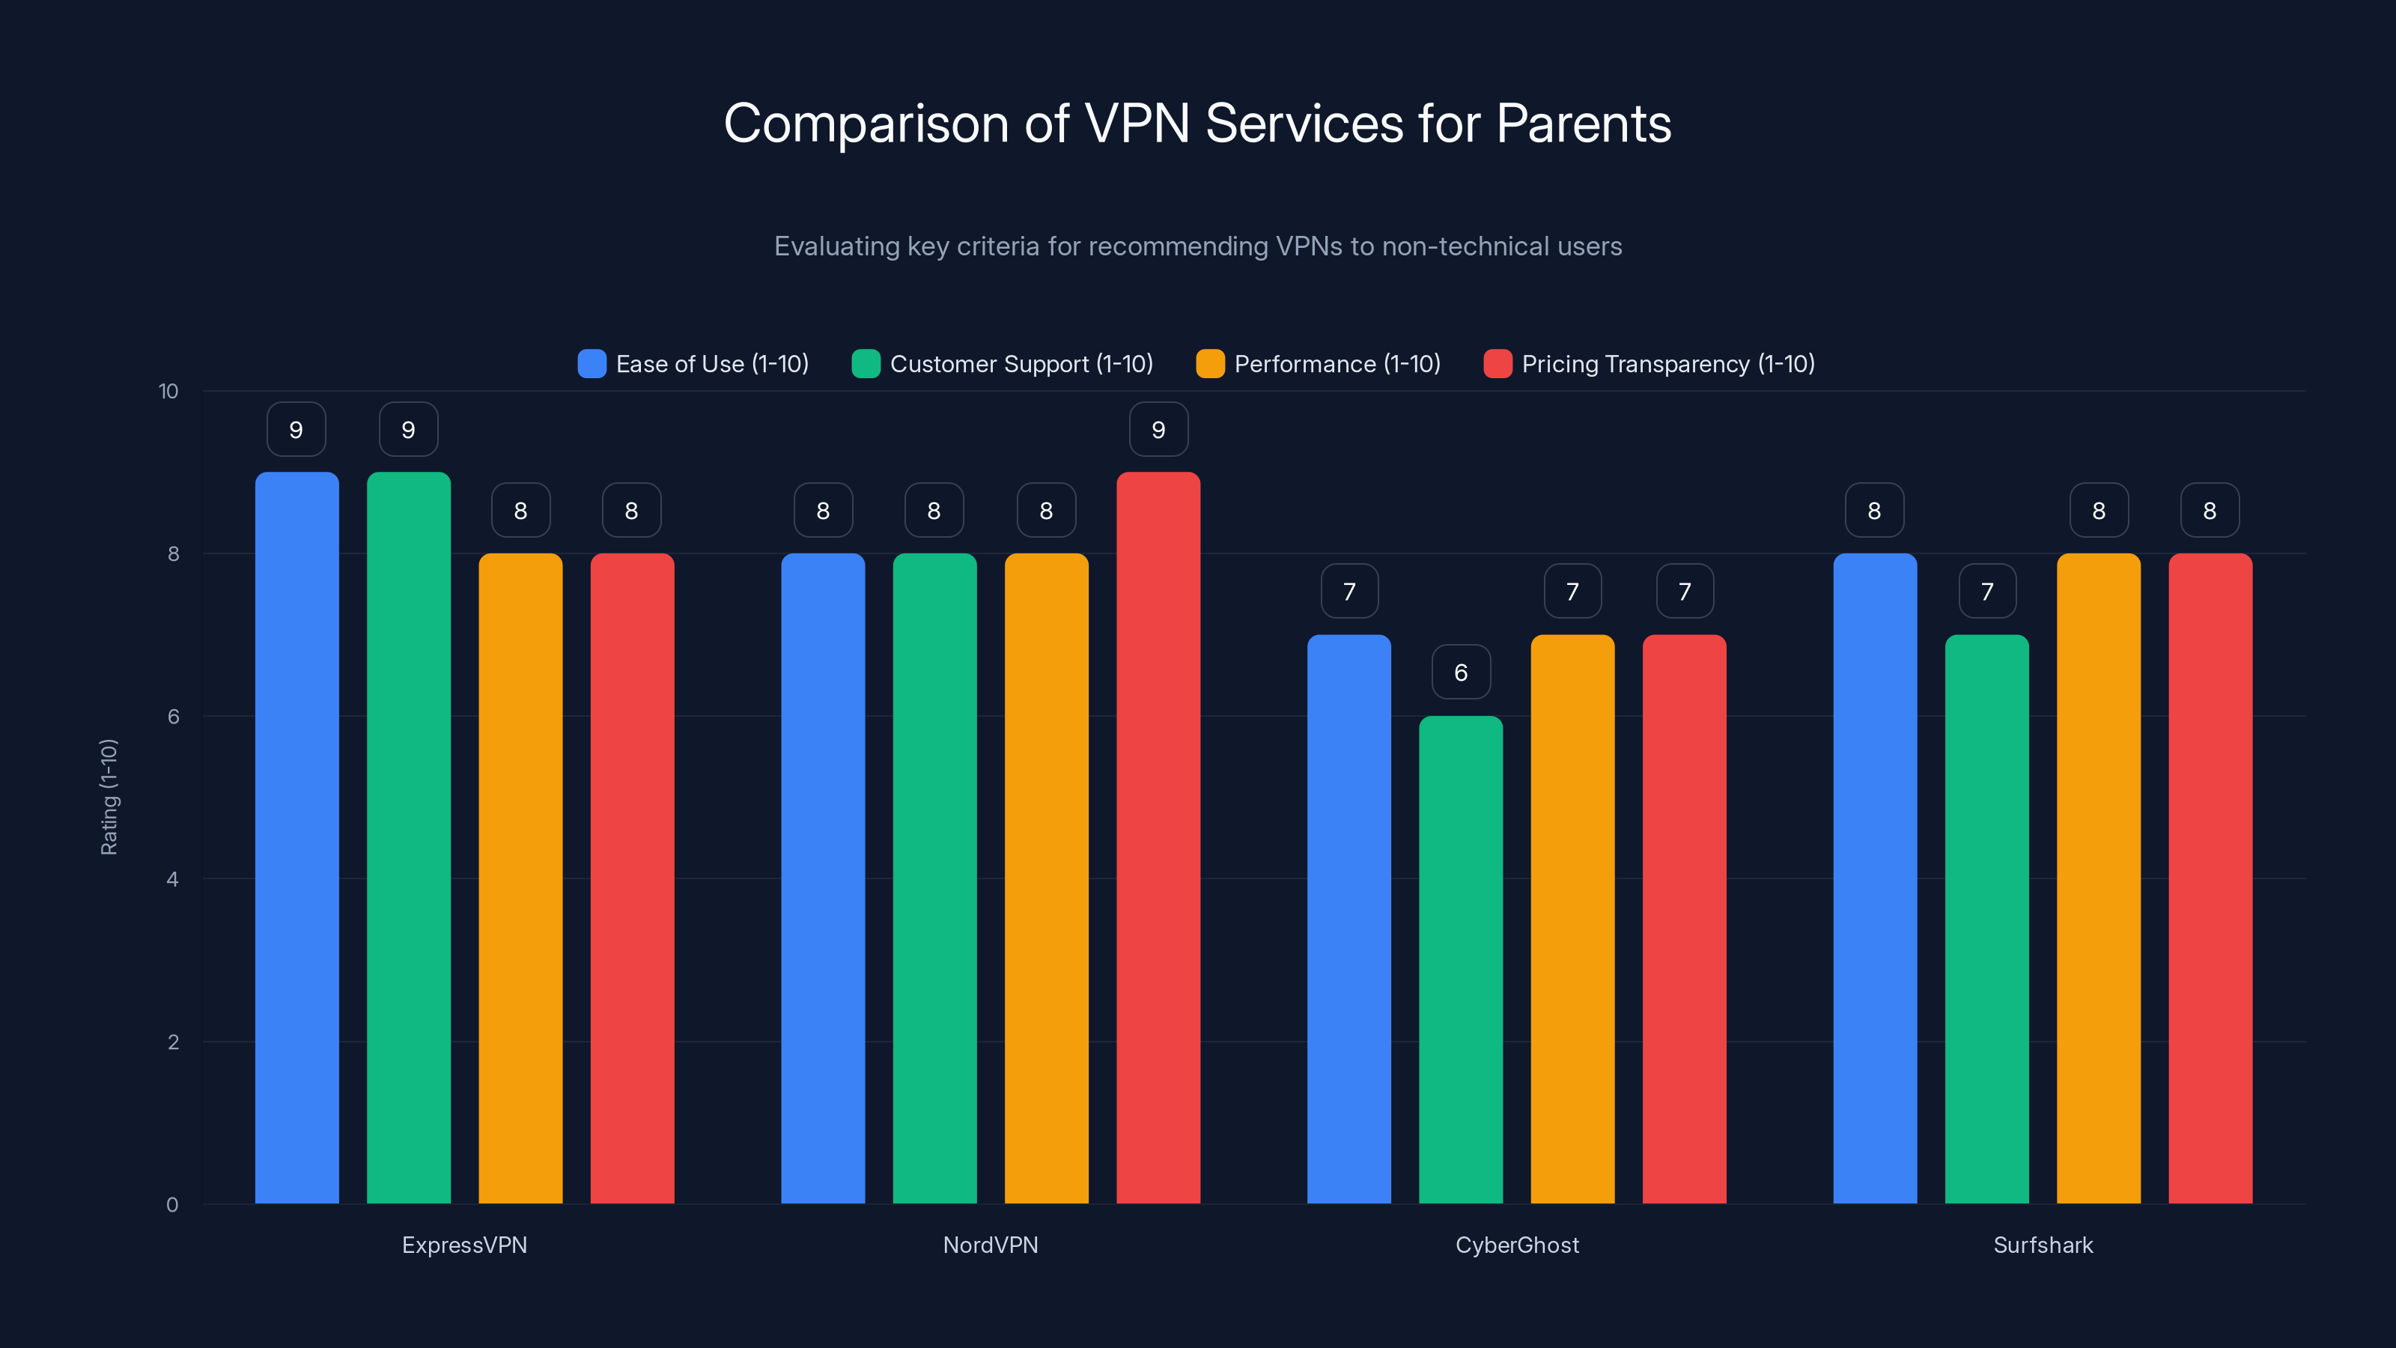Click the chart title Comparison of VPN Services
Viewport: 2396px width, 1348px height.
pyautogui.click(x=1197, y=124)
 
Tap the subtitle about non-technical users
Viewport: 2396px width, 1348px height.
pyautogui.click(x=1197, y=246)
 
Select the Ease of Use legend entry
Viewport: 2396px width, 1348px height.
pyautogui.click(x=693, y=364)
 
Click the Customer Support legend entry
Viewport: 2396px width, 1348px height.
pyautogui.click(x=1003, y=364)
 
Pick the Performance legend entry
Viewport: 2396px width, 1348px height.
pyautogui.click(x=1318, y=364)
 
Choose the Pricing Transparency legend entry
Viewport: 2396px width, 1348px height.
pyautogui.click(x=1649, y=364)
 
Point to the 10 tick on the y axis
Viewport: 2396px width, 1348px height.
pyautogui.click(x=168, y=392)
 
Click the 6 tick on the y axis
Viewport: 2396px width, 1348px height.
pyautogui.click(x=173, y=717)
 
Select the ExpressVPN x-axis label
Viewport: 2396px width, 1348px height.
pyautogui.click(x=464, y=1245)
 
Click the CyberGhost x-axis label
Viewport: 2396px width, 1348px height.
pyautogui.click(x=1517, y=1245)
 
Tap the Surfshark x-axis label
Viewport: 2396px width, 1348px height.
pyautogui.click(x=2043, y=1245)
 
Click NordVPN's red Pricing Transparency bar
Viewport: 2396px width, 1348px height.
pyautogui.click(x=1158, y=837)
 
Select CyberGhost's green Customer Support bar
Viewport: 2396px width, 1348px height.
pyautogui.click(x=1460, y=959)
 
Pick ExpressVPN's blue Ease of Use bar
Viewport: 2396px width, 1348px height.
pyautogui.click(x=297, y=837)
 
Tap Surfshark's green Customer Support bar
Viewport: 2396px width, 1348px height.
pyautogui.click(x=1986, y=921)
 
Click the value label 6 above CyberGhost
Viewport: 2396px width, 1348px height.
pyautogui.click(x=1460, y=673)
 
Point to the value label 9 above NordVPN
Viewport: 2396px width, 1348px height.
pyautogui.click(x=1158, y=430)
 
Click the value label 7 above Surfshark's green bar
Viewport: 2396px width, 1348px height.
pyautogui.click(x=1986, y=592)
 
